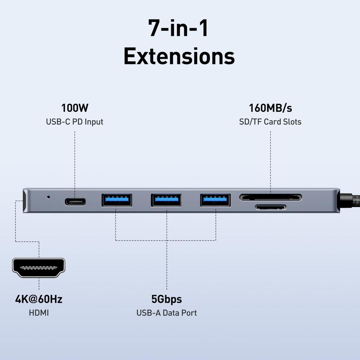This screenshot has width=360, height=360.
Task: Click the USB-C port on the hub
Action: click(x=75, y=201)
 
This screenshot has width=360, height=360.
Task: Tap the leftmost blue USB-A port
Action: click(x=117, y=200)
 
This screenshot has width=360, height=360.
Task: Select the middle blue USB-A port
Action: click(x=166, y=200)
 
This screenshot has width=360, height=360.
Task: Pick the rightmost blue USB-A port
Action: click(x=216, y=200)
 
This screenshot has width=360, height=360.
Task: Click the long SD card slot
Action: click(x=270, y=197)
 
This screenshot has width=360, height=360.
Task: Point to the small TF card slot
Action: click(x=270, y=207)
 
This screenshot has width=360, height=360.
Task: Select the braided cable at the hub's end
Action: click(x=350, y=200)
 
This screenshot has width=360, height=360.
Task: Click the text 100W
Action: click(x=75, y=108)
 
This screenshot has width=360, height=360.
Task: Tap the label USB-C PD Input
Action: click(x=75, y=122)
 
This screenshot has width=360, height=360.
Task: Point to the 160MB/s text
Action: click(x=270, y=108)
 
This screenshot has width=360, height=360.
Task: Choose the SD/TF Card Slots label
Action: click(x=270, y=122)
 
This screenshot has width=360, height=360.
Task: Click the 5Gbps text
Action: click(x=167, y=299)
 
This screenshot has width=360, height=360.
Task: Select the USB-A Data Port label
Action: click(x=167, y=313)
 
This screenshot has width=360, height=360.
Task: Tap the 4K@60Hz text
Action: click(x=39, y=299)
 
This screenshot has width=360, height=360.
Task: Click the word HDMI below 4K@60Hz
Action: click(x=39, y=313)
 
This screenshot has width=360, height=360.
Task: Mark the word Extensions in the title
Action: click(x=179, y=56)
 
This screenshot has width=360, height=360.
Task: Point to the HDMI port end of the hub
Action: click(x=25, y=201)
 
